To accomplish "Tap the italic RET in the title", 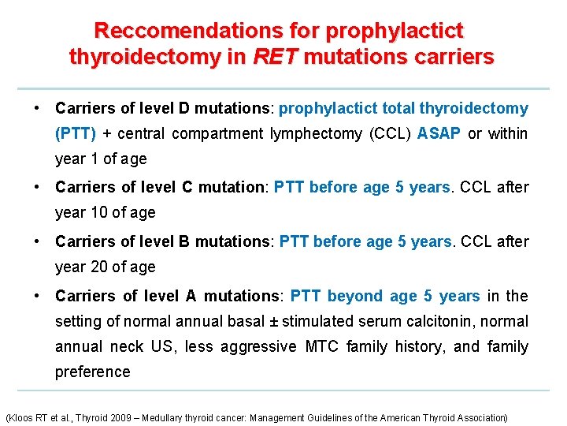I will coord(275,57).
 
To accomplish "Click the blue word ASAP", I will coord(439,133).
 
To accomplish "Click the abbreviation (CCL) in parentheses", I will coord(389,133).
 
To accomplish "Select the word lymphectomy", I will coord(315,133).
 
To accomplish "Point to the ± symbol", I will coord(274,321).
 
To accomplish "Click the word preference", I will coord(92,372).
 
